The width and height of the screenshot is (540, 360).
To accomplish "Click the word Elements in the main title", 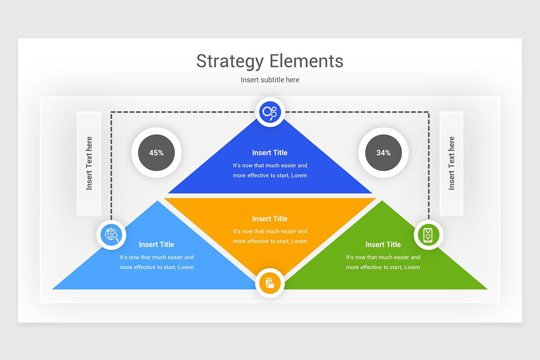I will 306,61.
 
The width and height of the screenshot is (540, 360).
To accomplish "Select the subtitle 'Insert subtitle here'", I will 270,80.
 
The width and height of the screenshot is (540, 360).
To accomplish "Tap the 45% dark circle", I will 156,153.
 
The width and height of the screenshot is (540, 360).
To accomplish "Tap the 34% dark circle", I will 383,153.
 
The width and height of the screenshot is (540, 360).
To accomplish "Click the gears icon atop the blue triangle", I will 270,112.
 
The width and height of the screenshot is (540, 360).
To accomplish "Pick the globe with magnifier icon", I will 111,235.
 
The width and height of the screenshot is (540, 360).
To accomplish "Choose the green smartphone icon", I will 428,235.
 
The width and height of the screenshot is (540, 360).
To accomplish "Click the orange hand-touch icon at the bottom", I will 270,283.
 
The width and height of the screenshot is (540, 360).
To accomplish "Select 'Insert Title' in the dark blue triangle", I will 270,153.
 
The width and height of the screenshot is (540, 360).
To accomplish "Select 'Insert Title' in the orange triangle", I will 270,219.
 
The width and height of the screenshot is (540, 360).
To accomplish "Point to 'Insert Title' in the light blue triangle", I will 157,244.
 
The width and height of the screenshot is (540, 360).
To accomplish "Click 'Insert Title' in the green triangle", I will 383,244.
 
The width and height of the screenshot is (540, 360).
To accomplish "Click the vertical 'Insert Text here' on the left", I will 89,163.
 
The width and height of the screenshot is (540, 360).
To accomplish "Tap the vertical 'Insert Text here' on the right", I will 451,163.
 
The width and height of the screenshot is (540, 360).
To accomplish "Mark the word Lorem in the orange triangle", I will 299,241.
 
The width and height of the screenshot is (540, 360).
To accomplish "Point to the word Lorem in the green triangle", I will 412,267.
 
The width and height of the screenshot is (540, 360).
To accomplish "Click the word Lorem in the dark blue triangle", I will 299,175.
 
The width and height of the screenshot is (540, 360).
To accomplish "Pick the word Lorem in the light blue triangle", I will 185,267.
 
